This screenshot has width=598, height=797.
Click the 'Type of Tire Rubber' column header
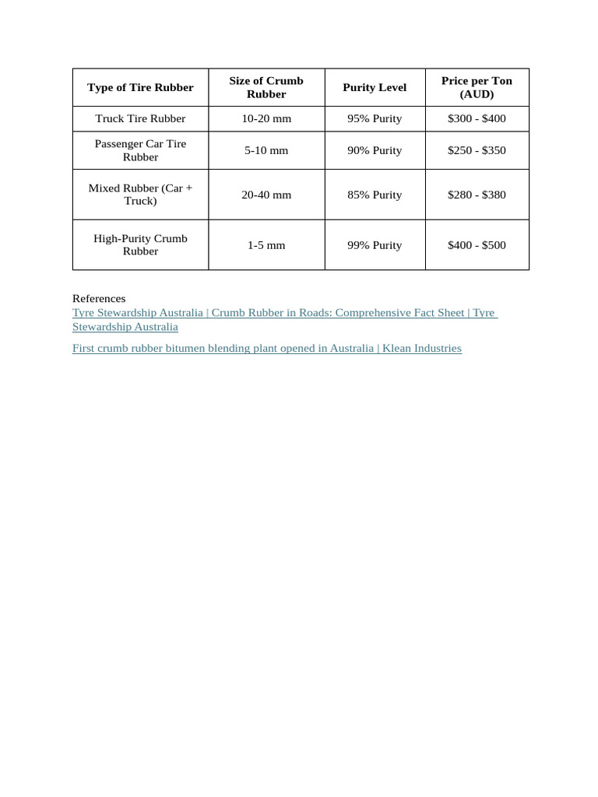tap(140, 87)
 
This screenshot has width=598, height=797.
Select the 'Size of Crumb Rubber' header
tap(266, 87)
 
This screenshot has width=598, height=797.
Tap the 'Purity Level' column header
tap(375, 87)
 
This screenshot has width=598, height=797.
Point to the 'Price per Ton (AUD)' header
tap(477, 87)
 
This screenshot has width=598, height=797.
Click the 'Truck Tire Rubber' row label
tap(140, 118)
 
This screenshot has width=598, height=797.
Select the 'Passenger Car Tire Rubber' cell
tap(140, 150)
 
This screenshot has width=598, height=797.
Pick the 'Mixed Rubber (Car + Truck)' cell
tap(140, 195)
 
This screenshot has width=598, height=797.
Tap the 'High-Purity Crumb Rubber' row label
tap(140, 244)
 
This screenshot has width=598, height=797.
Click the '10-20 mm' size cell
tap(266, 118)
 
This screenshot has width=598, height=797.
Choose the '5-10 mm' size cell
tap(266, 150)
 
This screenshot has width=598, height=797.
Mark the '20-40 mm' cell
tap(266, 195)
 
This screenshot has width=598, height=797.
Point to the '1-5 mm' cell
tap(266, 245)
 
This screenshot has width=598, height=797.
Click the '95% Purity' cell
tap(375, 118)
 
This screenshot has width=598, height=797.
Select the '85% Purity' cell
tap(375, 195)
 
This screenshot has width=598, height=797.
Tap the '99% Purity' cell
tap(375, 245)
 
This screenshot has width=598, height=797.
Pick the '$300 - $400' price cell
tap(477, 118)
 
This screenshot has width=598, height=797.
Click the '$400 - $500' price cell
tap(477, 245)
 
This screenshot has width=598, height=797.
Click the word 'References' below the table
tap(99, 298)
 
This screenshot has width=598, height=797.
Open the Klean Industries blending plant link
tap(266, 348)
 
